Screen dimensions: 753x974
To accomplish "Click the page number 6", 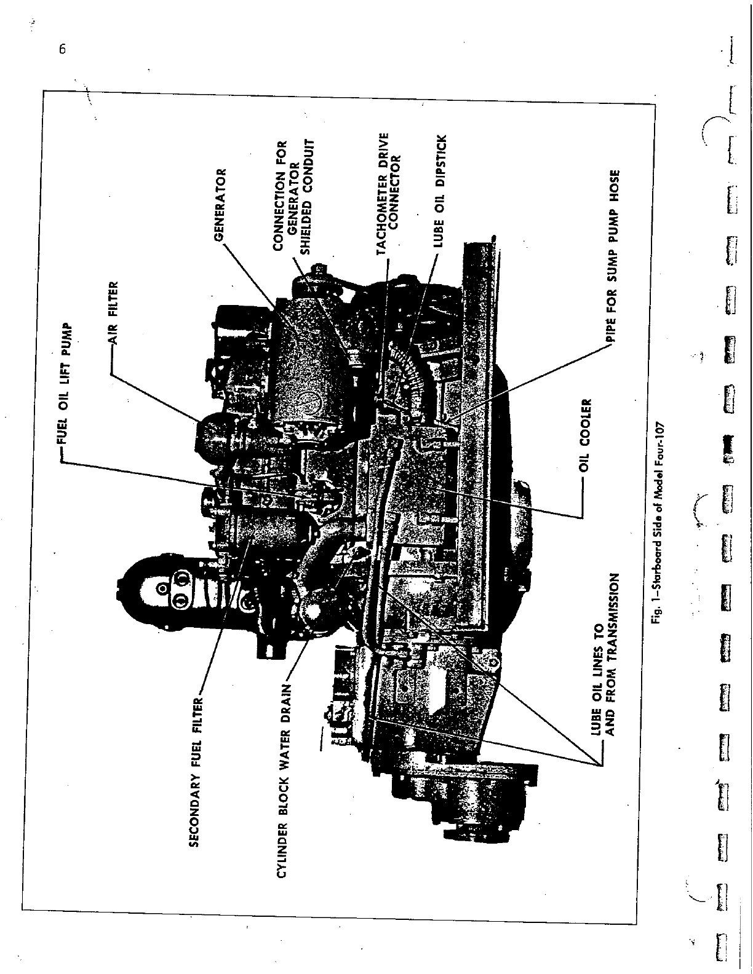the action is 62,50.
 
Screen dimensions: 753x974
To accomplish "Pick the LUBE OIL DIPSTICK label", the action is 439,191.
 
